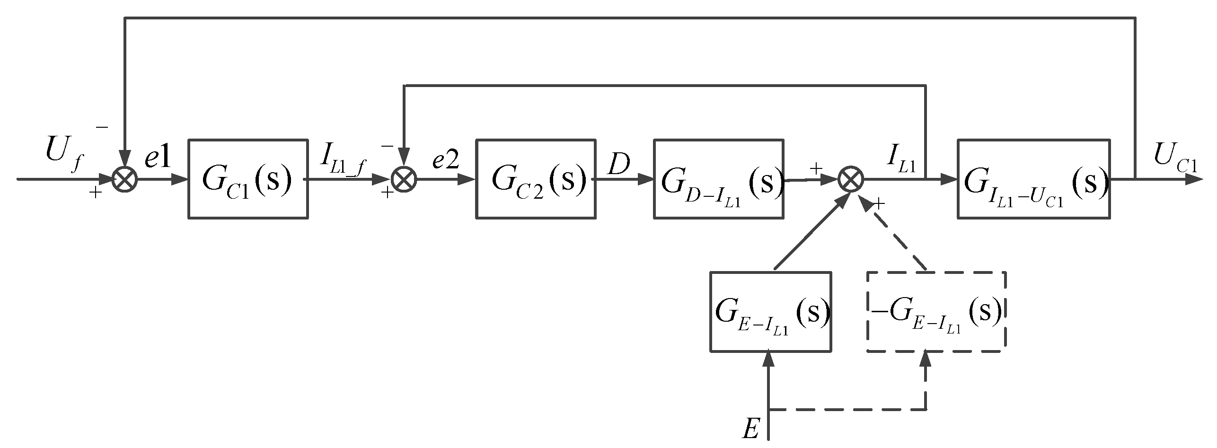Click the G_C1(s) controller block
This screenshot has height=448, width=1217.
(248, 179)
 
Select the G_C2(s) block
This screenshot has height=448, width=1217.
(535, 179)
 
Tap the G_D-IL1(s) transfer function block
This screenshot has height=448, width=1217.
(718, 179)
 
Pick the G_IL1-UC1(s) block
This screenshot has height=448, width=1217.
(1033, 179)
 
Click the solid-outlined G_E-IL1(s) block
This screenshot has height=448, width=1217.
(771, 311)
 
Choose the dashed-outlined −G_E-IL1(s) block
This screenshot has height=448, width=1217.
(935, 311)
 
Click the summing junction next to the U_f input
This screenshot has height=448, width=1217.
(124, 180)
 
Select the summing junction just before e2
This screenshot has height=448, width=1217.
(403, 180)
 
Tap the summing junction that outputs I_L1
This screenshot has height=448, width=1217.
(851, 180)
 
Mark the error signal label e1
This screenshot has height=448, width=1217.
(157, 160)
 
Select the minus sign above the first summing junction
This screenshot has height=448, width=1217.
(102, 127)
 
